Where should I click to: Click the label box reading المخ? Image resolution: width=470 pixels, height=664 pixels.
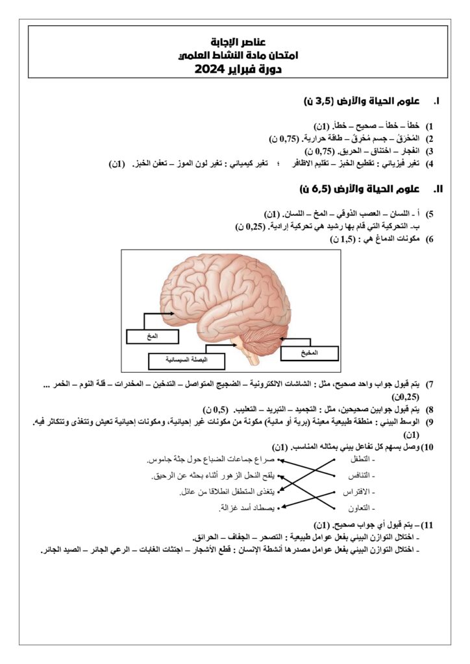[x=153, y=337]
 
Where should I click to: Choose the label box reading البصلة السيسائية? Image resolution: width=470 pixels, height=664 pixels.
[x=186, y=360]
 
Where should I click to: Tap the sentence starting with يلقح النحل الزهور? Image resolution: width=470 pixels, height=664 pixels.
[x=214, y=476]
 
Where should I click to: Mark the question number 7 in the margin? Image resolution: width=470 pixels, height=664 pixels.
[x=430, y=384]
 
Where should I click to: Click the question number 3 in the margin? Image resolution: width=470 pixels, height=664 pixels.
[x=430, y=151]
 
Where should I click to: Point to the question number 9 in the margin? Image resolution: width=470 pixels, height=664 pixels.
[x=430, y=421]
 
